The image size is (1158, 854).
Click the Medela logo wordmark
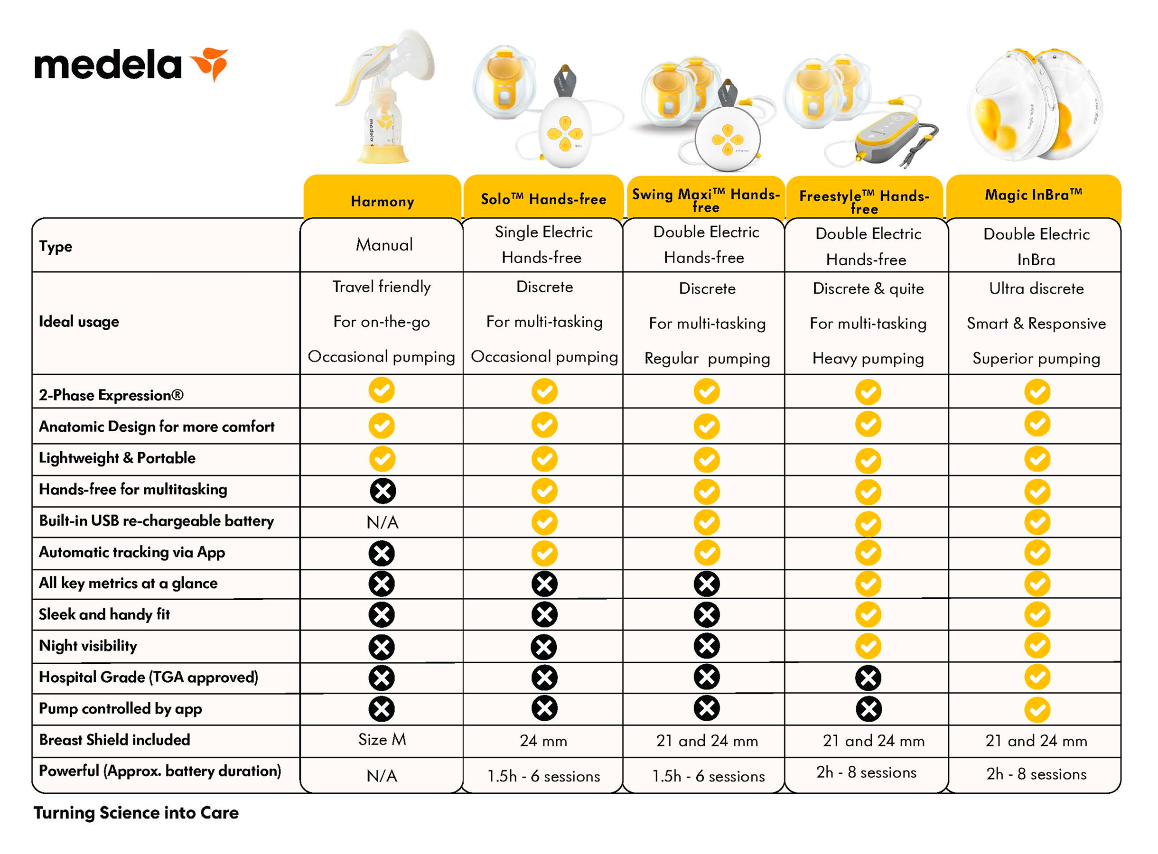click(108, 65)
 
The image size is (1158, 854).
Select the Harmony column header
click(382, 201)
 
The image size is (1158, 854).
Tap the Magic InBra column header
click(1033, 195)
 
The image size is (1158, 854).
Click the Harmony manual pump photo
click(385, 98)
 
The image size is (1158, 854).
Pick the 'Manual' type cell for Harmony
click(384, 245)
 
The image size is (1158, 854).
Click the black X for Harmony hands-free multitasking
click(383, 491)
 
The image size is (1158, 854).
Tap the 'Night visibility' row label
click(88, 646)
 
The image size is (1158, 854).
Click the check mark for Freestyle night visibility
click(868, 646)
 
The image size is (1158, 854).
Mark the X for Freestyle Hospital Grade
click(868, 678)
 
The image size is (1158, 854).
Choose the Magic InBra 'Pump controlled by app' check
click(1037, 710)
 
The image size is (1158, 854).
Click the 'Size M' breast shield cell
click(382, 740)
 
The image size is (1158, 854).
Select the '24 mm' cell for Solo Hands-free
click(543, 741)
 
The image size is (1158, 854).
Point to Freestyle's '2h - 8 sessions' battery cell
click(867, 772)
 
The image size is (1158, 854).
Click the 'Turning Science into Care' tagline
click(136, 813)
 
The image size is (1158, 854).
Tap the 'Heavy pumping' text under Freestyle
click(868, 358)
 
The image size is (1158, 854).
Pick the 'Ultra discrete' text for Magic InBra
click(1036, 288)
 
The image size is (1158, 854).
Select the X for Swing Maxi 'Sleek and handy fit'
click(707, 615)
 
